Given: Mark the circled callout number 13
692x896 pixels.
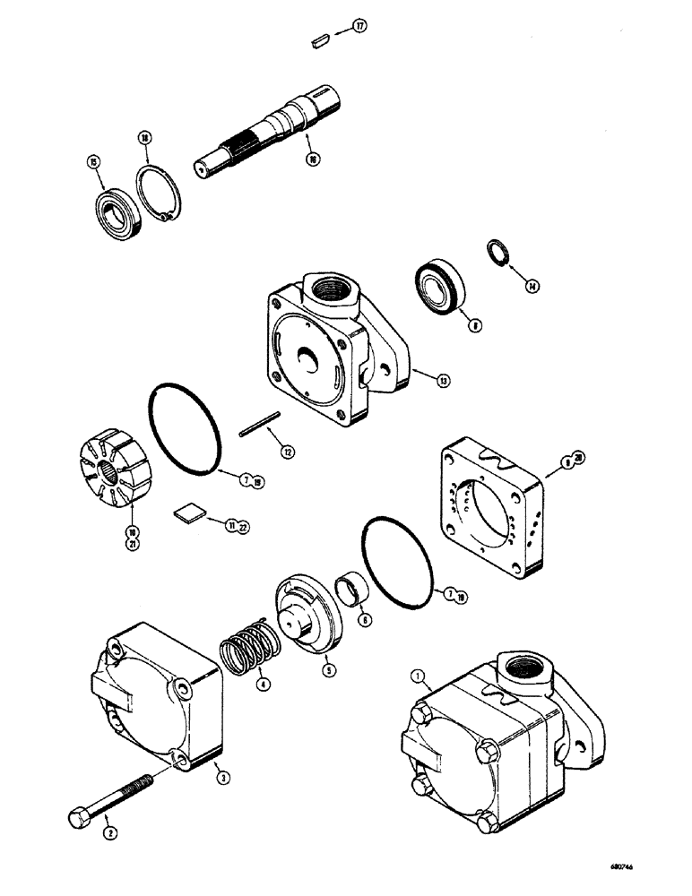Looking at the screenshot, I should [443, 381].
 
